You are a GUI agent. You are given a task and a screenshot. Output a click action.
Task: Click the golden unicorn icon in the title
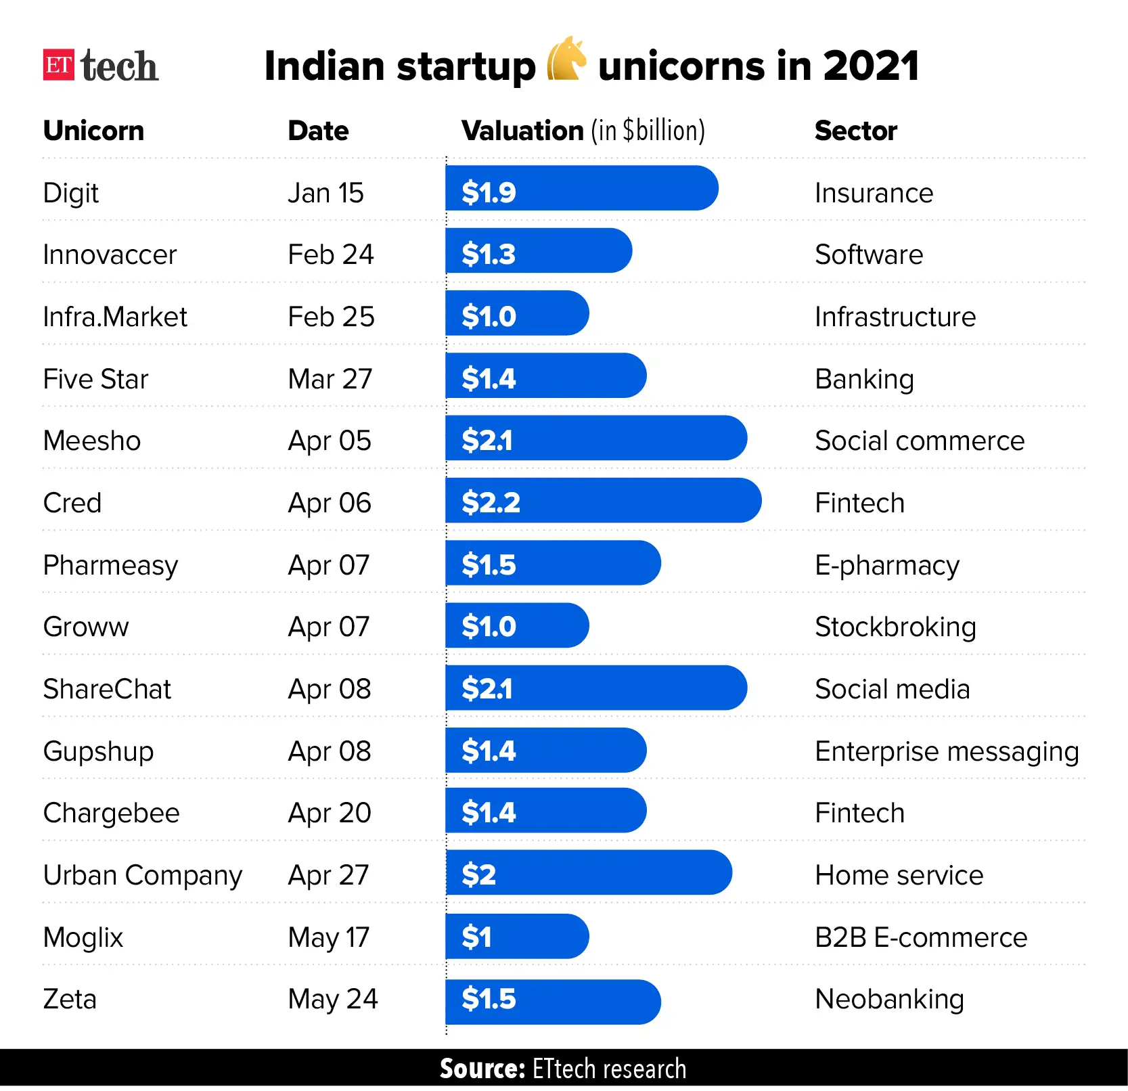tap(566, 59)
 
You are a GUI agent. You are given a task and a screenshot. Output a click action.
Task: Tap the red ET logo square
tap(58, 65)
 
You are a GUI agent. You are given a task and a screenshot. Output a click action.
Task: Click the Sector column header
tap(855, 131)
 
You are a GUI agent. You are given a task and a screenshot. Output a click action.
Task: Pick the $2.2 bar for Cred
tap(602, 501)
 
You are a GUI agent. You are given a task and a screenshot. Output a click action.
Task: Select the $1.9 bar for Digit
tap(581, 188)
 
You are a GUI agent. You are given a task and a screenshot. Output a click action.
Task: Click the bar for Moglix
tap(516, 937)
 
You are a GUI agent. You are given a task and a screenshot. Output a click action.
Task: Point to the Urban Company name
tap(142, 875)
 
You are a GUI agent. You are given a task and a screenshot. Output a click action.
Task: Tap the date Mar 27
tap(330, 379)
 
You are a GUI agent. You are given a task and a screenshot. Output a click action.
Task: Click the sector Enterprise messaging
tap(946, 751)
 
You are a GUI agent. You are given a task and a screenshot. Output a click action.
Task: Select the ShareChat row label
tap(107, 689)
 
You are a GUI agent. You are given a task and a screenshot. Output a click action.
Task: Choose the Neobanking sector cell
tap(889, 999)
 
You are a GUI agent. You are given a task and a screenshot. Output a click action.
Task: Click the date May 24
tap(332, 999)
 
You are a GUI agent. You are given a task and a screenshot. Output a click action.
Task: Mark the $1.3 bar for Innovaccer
tap(538, 251)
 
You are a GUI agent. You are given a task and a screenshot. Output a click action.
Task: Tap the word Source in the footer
tap(482, 1069)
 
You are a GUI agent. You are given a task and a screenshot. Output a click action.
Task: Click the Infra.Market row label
tap(115, 317)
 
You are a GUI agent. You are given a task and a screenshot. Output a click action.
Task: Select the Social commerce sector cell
tap(919, 441)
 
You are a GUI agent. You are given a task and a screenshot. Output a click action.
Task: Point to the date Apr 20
tap(329, 813)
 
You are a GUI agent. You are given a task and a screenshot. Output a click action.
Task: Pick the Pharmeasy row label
tap(110, 565)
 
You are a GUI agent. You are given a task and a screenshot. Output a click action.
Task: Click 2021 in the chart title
tap(871, 66)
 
